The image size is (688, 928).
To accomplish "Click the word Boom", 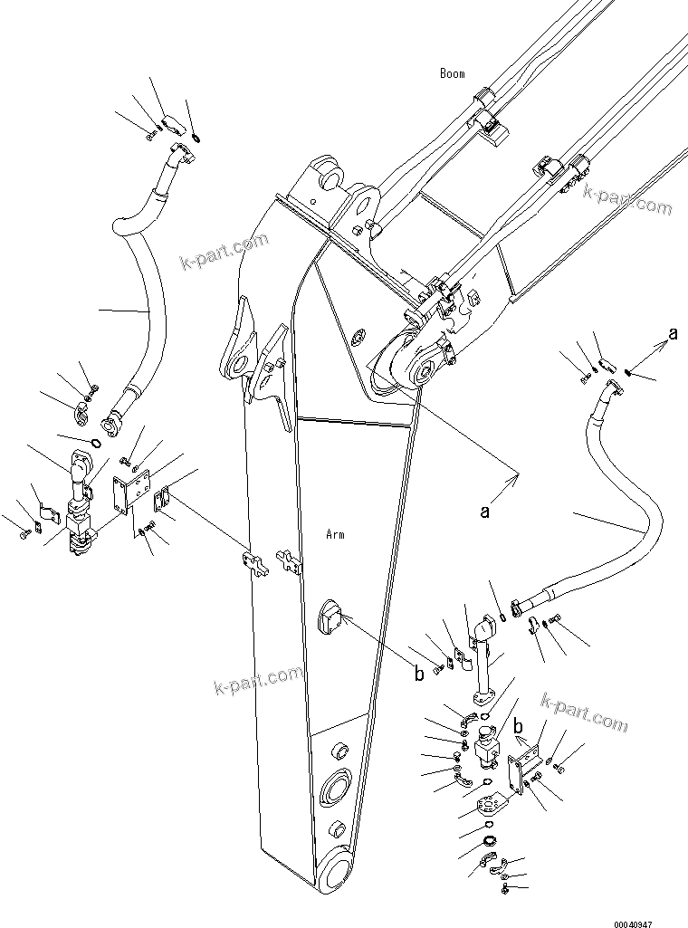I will [x=452, y=73].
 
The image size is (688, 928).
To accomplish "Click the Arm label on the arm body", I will [x=335, y=535].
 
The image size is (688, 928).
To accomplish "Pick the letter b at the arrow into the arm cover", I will [x=418, y=673].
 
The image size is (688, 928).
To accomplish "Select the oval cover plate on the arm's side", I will [x=329, y=622].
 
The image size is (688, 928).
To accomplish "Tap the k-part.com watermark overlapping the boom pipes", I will [x=627, y=200].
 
